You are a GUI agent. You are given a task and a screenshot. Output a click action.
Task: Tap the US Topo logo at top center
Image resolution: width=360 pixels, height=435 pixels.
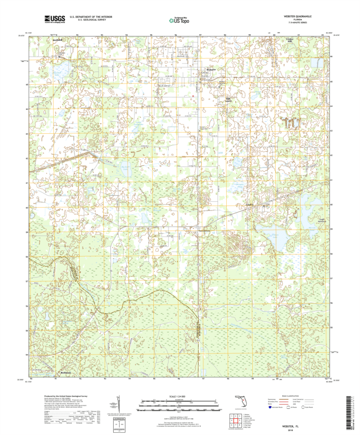(x=179, y=20)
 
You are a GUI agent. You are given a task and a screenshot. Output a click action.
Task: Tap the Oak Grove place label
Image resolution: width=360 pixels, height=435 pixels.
(x=229, y=100)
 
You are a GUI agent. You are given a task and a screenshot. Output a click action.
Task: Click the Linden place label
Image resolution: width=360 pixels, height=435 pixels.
(x=251, y=205)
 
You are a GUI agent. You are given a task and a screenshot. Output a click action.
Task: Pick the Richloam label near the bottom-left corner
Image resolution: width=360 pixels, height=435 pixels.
(x=64, y=374)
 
